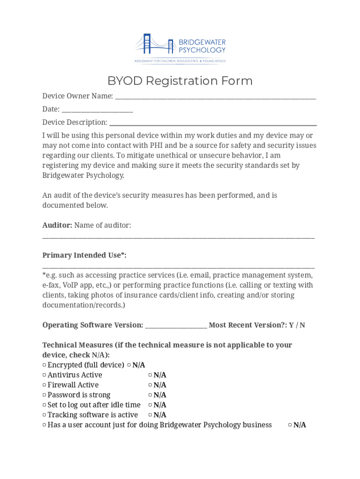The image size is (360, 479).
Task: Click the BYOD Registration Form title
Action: (x=180, y=81)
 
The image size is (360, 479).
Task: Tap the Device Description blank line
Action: (x=213, y=123)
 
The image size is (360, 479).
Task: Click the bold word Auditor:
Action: (x=57, y=225)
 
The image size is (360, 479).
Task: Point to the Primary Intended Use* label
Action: (x=84, y=255)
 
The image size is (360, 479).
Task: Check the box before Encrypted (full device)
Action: (x=44, y=365)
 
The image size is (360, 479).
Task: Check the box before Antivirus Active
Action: (x=44, y=375)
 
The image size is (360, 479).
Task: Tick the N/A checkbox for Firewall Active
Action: (x=151, y=385)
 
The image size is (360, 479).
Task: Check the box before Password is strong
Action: (x=44, y=395)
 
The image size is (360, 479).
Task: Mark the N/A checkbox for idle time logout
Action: (x=151, y=405)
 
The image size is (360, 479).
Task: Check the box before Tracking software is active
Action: (x=44, y=415)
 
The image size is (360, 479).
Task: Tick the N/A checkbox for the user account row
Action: (x=290, y=425)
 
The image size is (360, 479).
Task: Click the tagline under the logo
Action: (x=180, y=61)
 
